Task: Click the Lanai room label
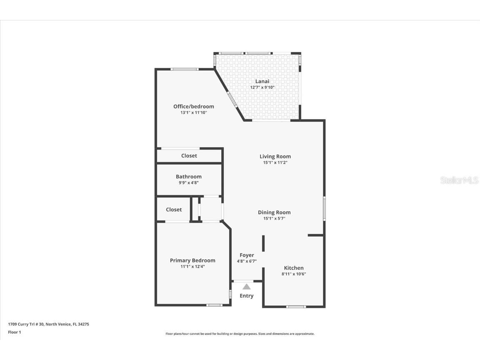(x=262, y=81)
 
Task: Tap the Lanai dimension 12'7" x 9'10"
(x=262, y=87)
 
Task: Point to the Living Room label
(x=275, y=156)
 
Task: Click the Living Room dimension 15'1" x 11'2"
(x=275, y=162)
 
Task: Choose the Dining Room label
(x=274, y=212)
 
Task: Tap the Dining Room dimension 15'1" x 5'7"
(x=274, y=218)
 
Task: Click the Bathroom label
(x=188, y=176)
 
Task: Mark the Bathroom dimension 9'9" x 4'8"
(x=188, y=182)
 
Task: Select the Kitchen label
(x=294, y=267)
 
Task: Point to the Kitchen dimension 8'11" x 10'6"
(x=294, y=274)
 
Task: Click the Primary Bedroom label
(x=192, y=260)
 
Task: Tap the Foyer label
(x=246, y=255)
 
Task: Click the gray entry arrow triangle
(x=247, y=287)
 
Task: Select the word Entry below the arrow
(x=246, y=296)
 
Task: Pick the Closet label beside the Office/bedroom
(x=189, y=155)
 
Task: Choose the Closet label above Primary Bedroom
(x=174, y=210)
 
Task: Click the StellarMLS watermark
(x=459, y=180)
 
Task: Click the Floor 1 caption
(x=14, y=332)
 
